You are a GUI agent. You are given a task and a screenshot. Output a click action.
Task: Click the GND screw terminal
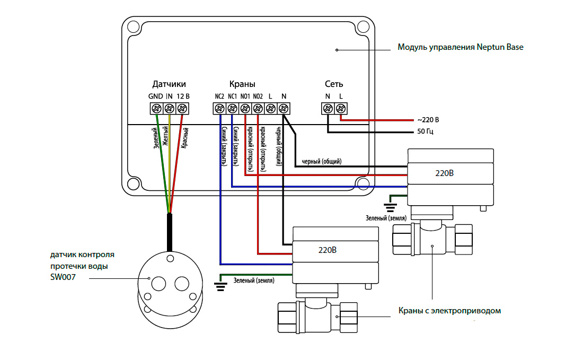coord(157,108)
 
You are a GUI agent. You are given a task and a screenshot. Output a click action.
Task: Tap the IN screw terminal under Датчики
coord(170,108)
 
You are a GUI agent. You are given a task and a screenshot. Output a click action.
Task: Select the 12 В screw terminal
coord(182,108)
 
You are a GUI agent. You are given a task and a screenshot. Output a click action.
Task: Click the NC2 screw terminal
coord(219,108)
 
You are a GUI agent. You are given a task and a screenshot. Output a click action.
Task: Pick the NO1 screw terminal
coord(245,108)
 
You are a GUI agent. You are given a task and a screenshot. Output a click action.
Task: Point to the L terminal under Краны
coord(271,108)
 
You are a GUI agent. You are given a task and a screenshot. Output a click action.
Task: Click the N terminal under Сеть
coord(328,108)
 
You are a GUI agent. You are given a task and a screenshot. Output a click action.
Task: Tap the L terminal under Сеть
coord(341,108)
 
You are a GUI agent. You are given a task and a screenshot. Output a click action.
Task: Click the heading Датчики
coord(169,84)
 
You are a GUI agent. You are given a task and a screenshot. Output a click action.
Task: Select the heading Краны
coord(242,84)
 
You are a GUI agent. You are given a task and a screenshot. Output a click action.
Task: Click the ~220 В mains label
coord(428,120)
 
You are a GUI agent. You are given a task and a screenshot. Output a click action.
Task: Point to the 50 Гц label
coord(426,131)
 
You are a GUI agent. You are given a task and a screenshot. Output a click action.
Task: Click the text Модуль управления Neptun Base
coord(461,47)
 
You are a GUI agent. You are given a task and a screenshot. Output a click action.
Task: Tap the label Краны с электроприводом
coord(449,311)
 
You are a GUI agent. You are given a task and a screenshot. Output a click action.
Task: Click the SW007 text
coord(63,277)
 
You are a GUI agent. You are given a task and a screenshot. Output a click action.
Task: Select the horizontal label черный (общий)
coord(322,161)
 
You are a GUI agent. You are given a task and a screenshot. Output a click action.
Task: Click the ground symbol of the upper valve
coord(390,207)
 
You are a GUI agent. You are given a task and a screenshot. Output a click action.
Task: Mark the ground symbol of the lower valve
coord(220,286)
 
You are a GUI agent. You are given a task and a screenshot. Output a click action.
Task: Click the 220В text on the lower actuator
coord(327,250)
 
